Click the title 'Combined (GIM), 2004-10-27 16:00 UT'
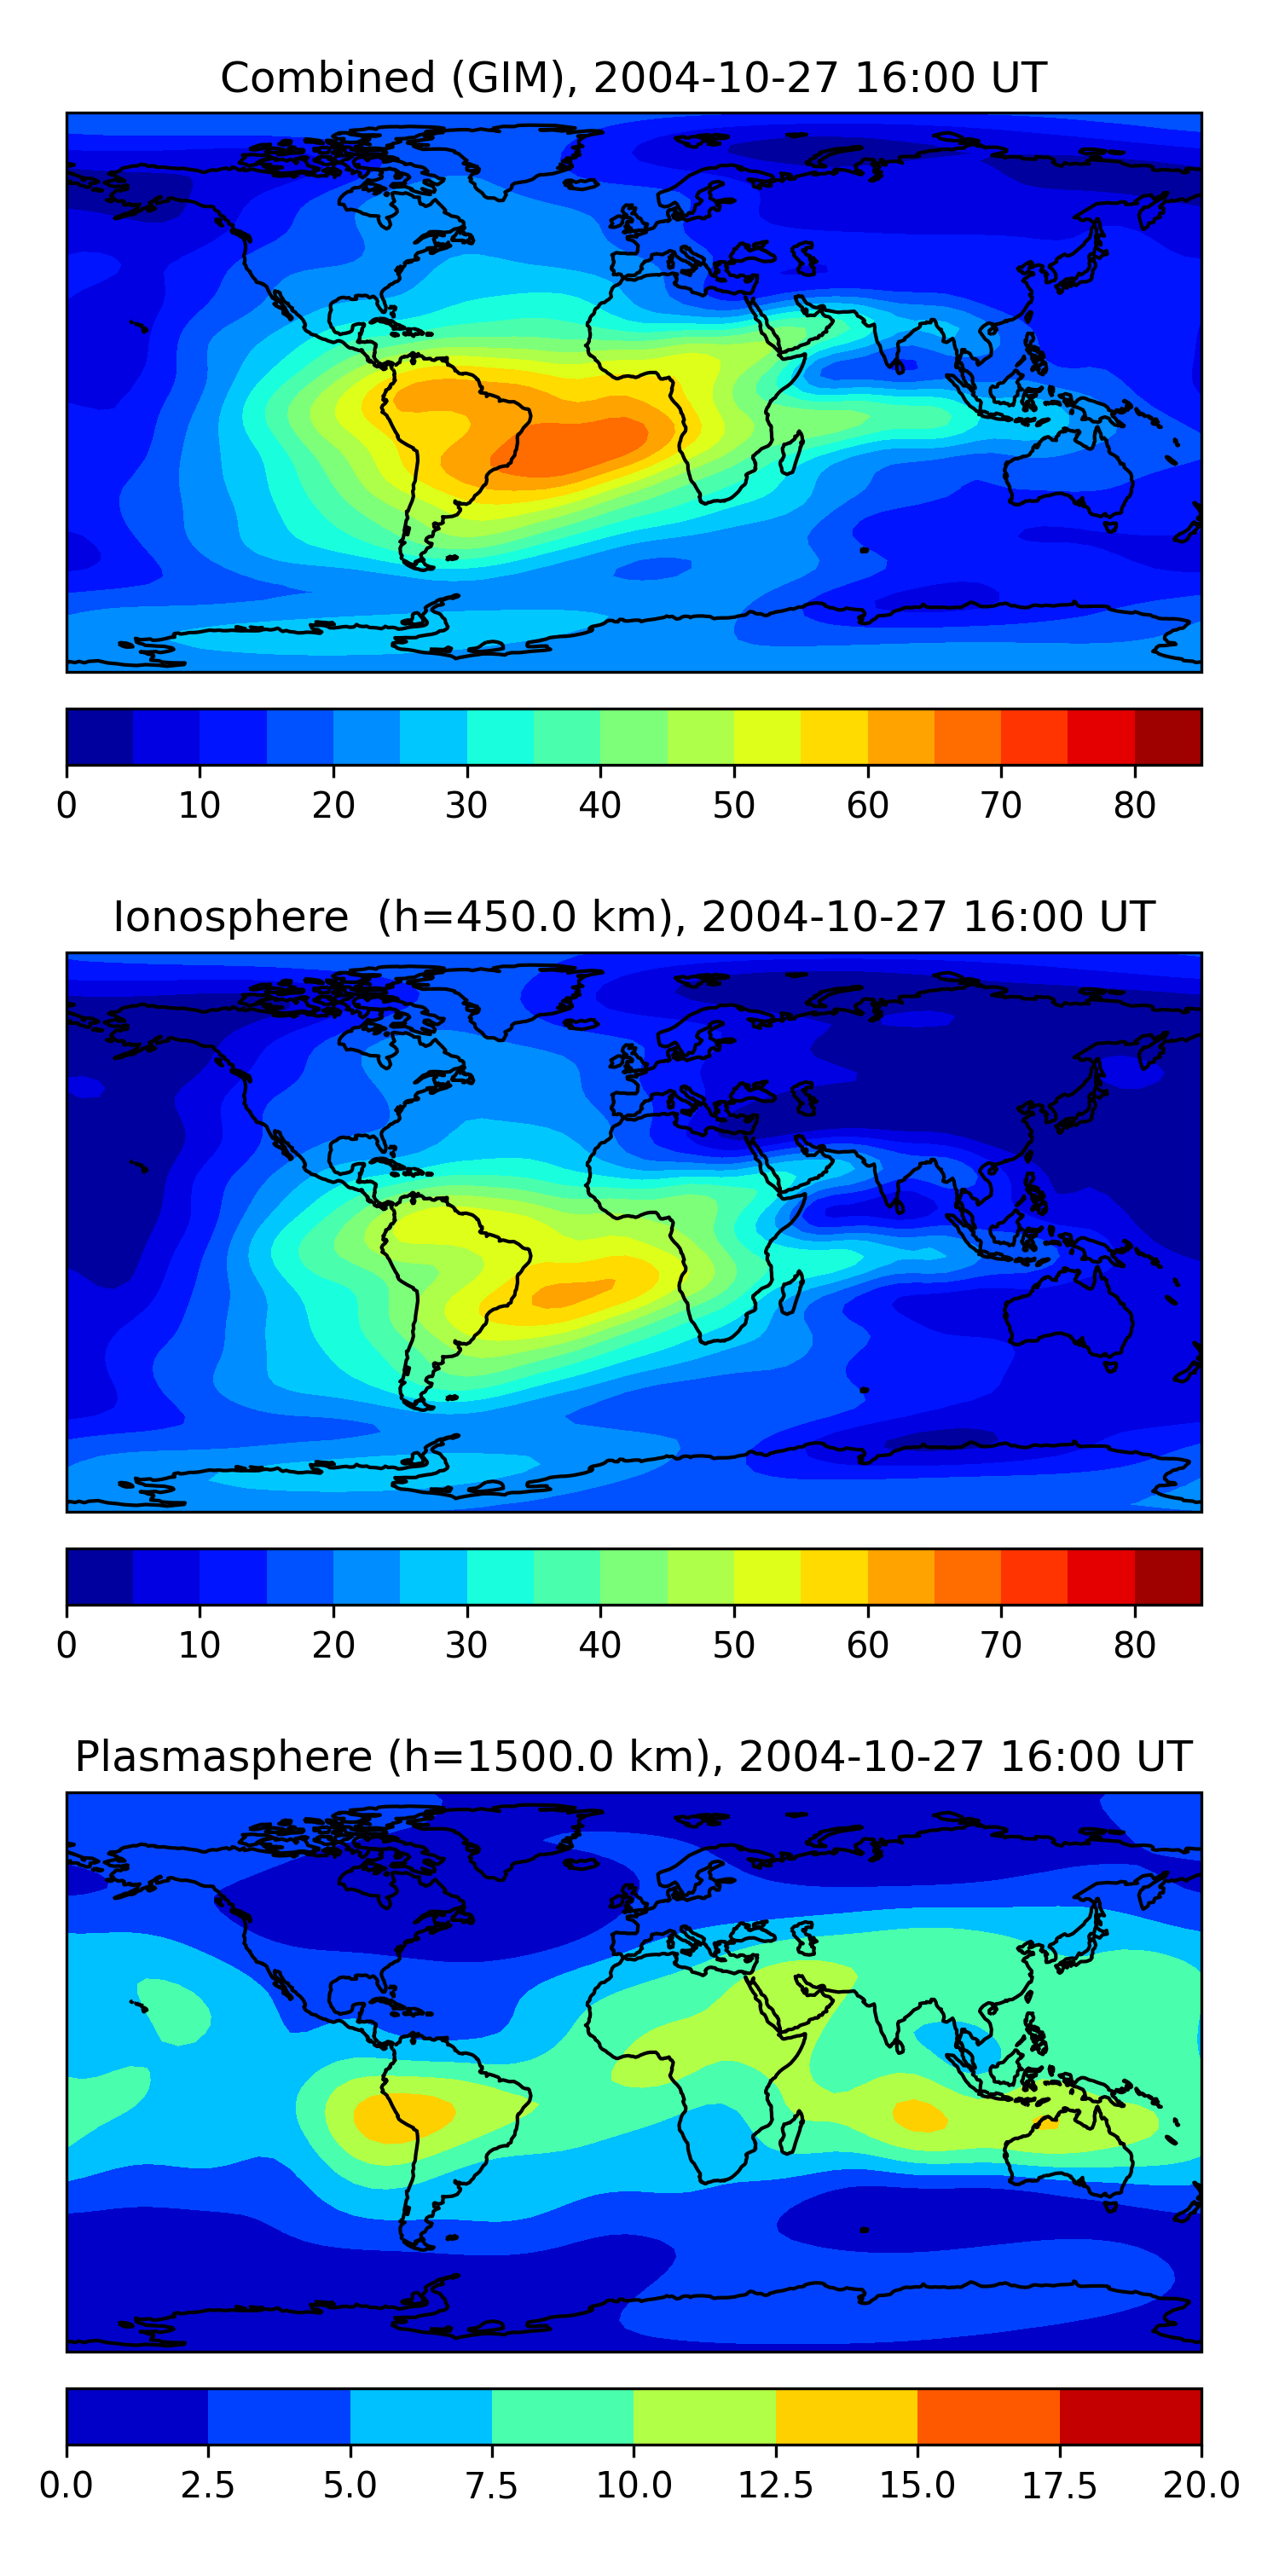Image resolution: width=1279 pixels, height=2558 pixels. click(634, 78)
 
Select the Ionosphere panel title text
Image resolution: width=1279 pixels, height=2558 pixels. click(634, 917)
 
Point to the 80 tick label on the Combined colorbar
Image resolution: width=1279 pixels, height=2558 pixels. click(1134, 805)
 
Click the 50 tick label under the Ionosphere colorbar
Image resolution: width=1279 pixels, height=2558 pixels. click(734, 1645)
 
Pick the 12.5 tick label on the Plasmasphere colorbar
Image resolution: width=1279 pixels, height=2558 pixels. click(776, 2485)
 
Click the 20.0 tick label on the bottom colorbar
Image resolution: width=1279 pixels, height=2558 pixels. click(1201, 2485)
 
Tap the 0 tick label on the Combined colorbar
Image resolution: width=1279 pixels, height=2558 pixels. click(67, 805)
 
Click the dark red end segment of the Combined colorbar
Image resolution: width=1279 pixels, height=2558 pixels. click(1168, 737)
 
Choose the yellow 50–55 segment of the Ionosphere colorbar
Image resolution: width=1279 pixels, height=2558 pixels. click(767, 1576)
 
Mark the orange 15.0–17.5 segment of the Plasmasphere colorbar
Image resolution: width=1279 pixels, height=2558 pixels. click(988, 2416)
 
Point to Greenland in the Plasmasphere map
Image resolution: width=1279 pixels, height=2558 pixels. click(531, 1837)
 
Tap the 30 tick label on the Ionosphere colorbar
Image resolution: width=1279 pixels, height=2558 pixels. click(466, 1645)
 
